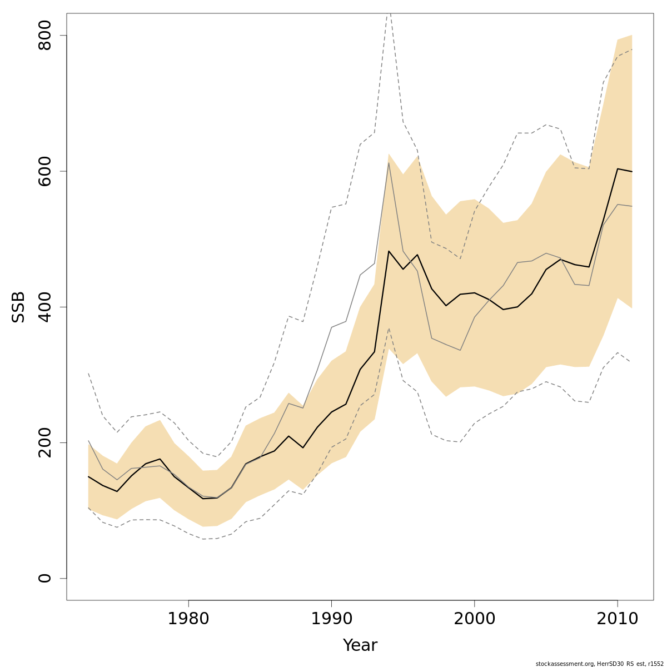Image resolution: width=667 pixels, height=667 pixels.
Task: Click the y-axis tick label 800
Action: coord(44,36)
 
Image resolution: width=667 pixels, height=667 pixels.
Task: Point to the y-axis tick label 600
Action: coord(44,171)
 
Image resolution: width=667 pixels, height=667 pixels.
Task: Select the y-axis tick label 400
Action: coord(44,307)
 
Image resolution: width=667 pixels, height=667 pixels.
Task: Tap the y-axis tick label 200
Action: coord(44,442)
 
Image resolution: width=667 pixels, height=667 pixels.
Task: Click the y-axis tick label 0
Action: coord(44,578)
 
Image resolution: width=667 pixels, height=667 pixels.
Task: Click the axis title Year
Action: coord(360,645)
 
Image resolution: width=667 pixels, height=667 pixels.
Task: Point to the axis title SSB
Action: coord(19,307)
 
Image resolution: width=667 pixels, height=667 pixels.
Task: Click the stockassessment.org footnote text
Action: coord(599,663)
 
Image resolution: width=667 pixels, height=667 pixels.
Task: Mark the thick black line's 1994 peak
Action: coord(389,251)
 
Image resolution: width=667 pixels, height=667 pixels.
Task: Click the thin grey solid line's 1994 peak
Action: coord(389,162)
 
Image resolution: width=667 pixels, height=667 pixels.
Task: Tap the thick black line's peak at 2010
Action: coord(617,168)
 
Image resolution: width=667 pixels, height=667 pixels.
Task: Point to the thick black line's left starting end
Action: coord(88,476)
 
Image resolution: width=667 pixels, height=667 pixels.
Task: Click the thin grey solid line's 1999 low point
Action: coord(460,350)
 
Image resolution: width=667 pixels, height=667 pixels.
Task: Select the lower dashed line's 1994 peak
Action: coord(389,328)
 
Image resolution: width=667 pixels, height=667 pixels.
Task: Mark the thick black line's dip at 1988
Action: coord(303,447)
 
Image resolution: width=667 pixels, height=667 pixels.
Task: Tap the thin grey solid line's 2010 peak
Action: coord(617,205)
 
